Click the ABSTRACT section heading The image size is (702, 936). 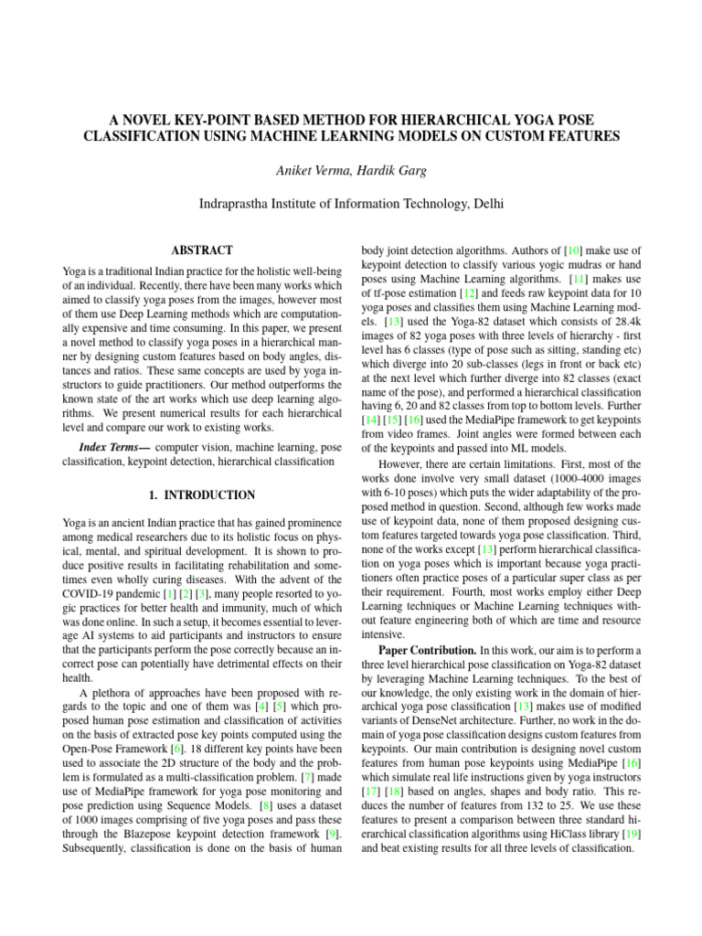(x=202, y=250)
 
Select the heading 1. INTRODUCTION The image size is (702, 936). (x=202, y=495)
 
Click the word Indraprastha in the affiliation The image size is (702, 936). (x=240, y=205)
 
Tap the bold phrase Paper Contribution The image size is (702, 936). (x=428, y=650)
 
